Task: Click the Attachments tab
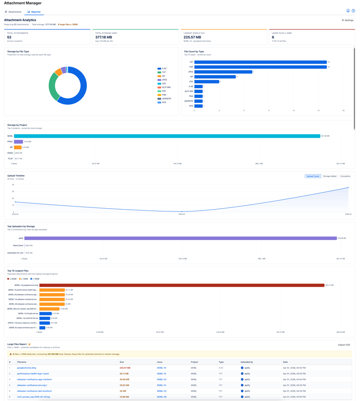(13, 12)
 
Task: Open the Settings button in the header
(348, 20)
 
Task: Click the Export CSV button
(344, 345)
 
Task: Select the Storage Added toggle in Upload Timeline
(330, 176)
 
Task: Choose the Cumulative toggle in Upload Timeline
(345, 176)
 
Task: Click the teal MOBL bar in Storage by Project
(167, 136)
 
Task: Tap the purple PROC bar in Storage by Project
(18, 142)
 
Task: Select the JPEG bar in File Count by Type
(223, 72)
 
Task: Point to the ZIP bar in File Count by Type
(215, 77)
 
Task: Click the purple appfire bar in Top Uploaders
(180, 238)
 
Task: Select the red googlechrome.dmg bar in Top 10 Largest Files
(182, 285)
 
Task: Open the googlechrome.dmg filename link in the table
(27, 368)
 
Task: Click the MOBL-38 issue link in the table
(161, 397)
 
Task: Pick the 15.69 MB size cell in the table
(124, 397)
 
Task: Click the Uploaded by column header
(247, 362)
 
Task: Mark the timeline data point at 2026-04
(348, 188)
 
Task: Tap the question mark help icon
(353, 11)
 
